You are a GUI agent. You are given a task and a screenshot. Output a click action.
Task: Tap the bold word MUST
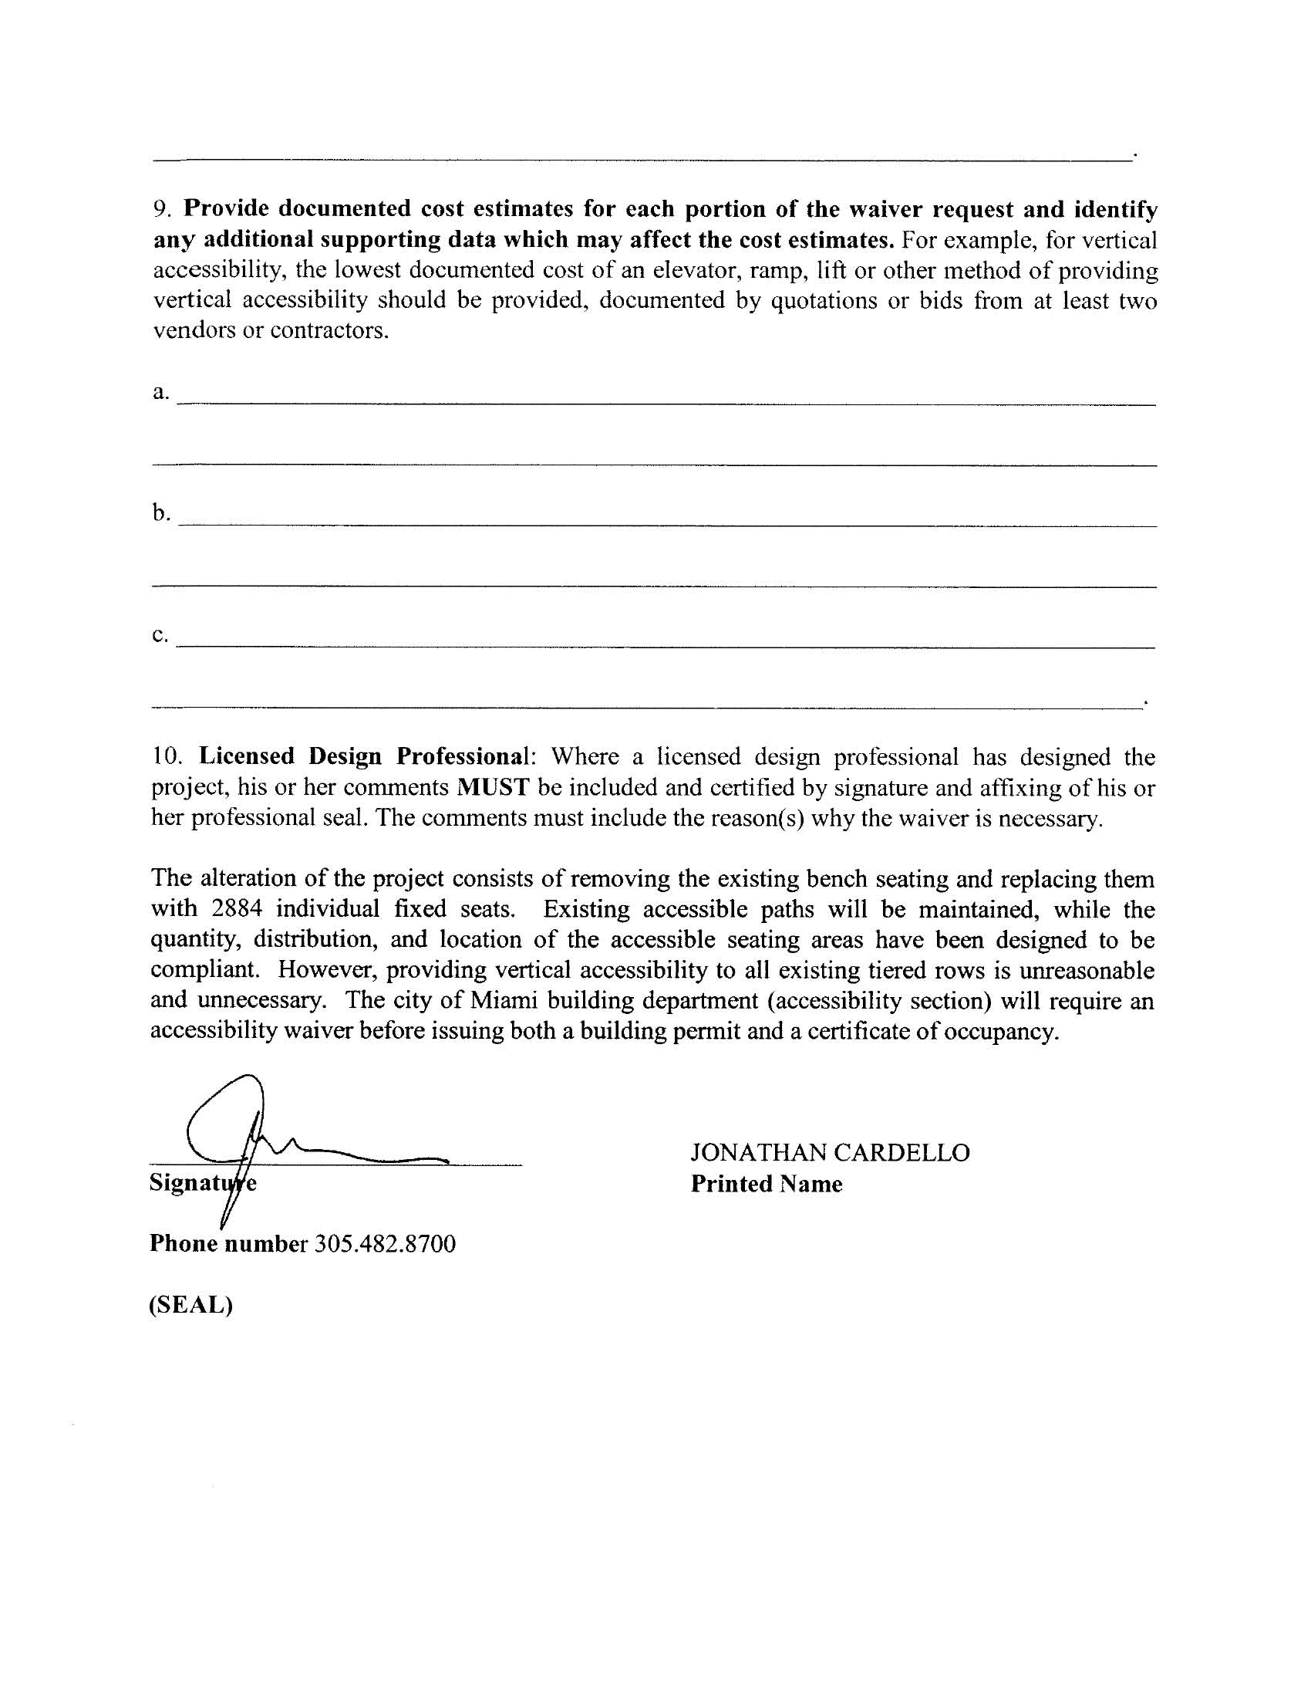click(x=494, y=787)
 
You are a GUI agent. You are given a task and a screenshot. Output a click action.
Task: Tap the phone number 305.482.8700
click(x=385, y=1243)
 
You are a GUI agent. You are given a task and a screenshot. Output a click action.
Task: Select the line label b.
click(x=160, y=513)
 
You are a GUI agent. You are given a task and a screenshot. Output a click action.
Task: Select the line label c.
click(x=160, y=635)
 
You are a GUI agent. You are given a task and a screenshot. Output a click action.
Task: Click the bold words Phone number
click(x=228, y=1243)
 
